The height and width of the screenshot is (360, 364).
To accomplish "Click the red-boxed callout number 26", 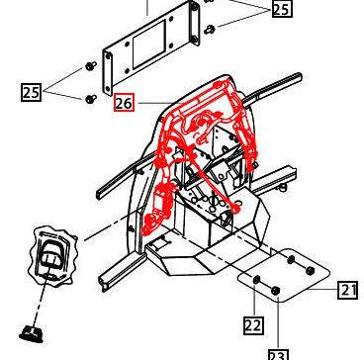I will coord(125,102).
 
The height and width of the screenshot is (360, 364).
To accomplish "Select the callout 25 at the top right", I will coord(282,9).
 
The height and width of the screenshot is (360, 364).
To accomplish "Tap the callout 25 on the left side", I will coord(32,93).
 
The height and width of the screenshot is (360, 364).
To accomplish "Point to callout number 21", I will coord(347,290).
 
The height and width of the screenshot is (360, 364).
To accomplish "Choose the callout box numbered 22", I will coord(253,324).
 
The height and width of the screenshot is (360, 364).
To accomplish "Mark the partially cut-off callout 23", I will coord(280,354).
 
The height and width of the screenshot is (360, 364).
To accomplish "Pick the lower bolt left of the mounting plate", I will coord(91,97).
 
